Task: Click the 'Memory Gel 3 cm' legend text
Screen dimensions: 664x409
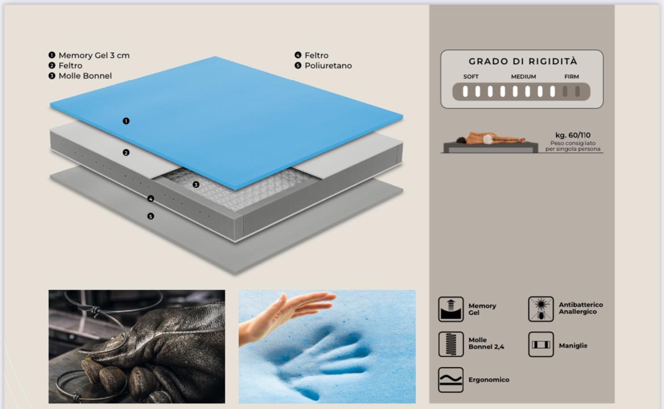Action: pyautogui.click(x=94, y=56)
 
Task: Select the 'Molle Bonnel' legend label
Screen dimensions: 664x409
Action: pyautogui.click(x=85, y=76)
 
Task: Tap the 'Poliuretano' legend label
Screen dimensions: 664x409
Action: pyautogui.click(x=328, y=66)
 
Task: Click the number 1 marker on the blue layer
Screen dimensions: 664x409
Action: pyautogui.click(x=126, y=121)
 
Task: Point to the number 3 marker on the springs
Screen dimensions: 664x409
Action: pyautogui.click(x=196, y=185)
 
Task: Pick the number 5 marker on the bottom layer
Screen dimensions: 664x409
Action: pyautogui.click(x=150, y=216)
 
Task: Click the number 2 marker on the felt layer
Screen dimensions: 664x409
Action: pyautogui.click(x=126, y=153)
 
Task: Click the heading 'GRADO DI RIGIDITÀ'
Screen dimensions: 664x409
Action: pyautogui.click(x=523, y=61)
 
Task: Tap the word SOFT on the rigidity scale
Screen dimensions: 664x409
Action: pyautogui.click(x=471, y=77)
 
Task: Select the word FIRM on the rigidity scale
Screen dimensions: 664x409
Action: pyautogui.click(x=571, y=77)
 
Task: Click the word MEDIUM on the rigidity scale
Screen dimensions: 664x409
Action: pyautogui.click(x=523, y=77)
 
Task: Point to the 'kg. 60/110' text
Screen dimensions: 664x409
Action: pyautogui.click(x=573, y=135)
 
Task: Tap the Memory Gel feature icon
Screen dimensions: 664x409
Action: pyautogui.click(x=451, y=309)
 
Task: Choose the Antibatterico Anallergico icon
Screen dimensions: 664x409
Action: pyautogui.click(x=541, y=308)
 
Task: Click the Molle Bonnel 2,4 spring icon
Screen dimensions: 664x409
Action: pyautogui.click(x=451, y=344)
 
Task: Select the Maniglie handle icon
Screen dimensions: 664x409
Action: pyautogui.click(x=541, y=344)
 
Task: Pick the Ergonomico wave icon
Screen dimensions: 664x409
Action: pyautogui.click(x=451, y=380)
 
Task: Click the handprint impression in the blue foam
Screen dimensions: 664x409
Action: pyautogui.click(x=328, y=360)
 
